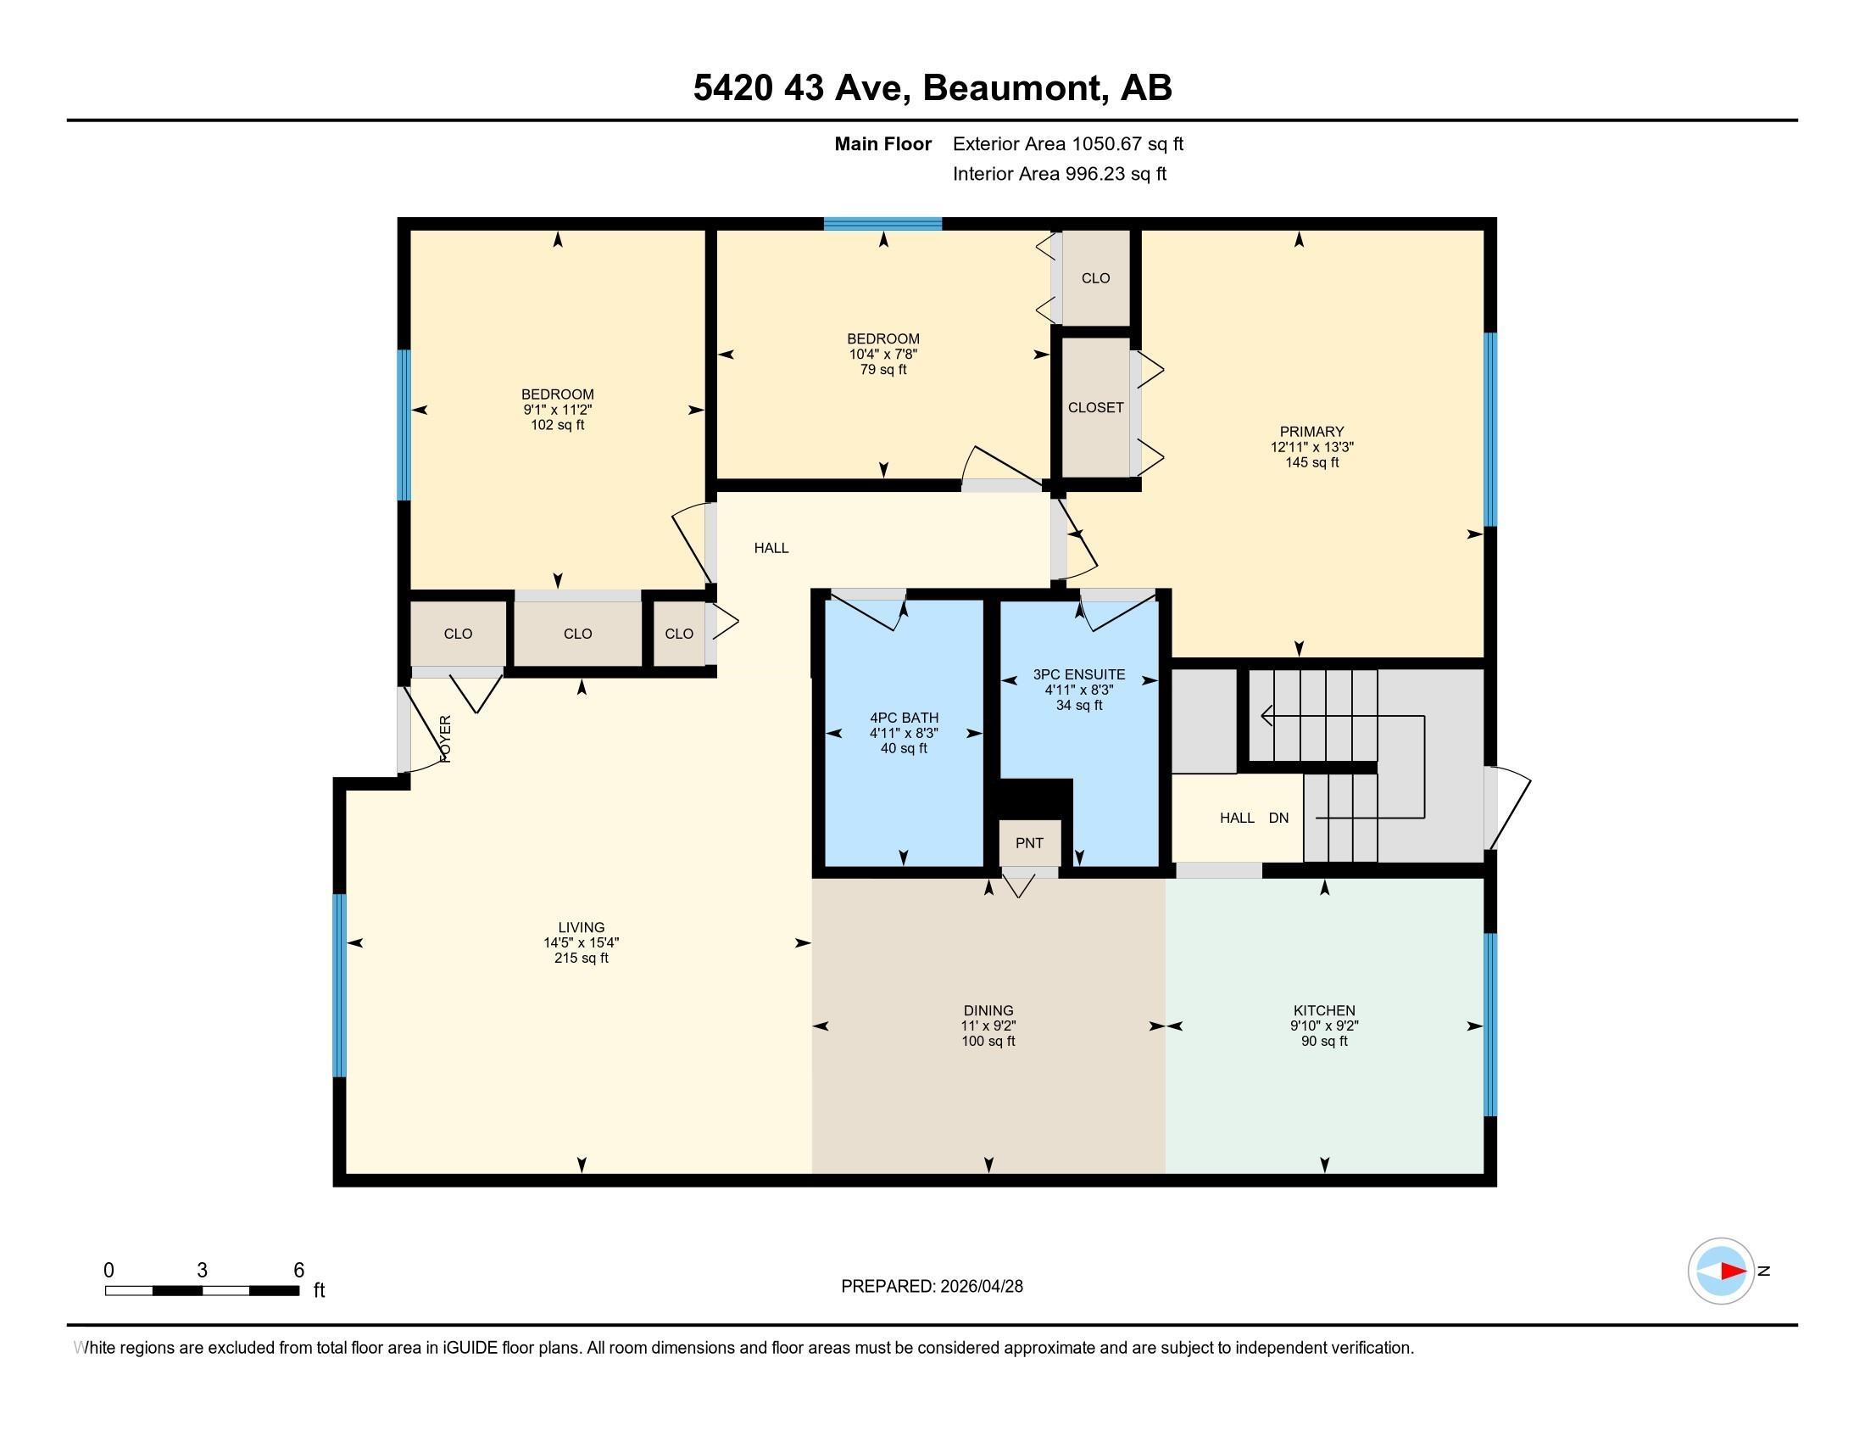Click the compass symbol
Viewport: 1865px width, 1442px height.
1721,1271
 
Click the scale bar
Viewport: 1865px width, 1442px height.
203,1290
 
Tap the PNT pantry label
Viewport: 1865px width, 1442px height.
1029,843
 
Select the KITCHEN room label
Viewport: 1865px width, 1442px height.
1324,1010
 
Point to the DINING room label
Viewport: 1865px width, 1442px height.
988,1010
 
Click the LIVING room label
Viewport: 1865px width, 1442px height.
582,928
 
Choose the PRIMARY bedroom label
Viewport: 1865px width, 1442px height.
1311,433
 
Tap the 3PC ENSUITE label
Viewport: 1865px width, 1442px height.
1079,675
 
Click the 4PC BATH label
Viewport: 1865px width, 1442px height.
905,718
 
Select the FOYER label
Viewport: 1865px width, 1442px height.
445,739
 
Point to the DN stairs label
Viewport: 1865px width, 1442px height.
1278,819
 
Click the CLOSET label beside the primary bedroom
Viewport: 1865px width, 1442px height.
1095,408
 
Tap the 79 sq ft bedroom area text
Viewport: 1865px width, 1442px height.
884,370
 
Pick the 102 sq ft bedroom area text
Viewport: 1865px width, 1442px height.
558,426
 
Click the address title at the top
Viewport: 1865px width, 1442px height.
932,88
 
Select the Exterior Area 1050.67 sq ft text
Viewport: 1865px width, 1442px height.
1068,144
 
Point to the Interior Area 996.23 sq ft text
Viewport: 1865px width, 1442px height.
1060,174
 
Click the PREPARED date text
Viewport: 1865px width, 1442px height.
932,1287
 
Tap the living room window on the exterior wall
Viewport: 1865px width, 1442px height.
339,985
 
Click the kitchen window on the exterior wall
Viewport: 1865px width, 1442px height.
1490,1025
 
